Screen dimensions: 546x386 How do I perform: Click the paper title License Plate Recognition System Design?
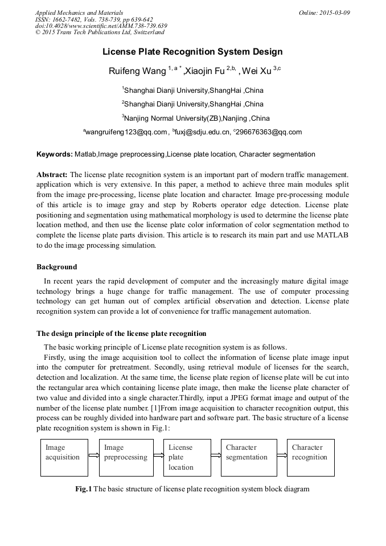[192, 52]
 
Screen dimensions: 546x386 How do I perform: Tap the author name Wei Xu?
[257, 71]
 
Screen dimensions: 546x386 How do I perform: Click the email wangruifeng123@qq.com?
[127, 132]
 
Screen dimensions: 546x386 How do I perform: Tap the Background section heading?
[57, 267]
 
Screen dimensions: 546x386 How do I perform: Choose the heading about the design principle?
[121, 334]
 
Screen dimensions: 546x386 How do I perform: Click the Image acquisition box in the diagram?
[64, 457]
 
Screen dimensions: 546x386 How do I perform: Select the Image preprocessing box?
[126, 457]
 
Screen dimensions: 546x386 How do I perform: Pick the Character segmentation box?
[249, 457]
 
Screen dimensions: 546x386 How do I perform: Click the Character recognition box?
[310, 457]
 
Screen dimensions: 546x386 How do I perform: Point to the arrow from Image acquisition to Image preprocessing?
[93, 456]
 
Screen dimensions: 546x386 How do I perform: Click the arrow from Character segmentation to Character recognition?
[282, 456]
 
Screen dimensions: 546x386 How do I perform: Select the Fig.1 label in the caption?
[84, 489]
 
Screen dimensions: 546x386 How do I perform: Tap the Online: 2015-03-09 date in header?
[325, 13]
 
